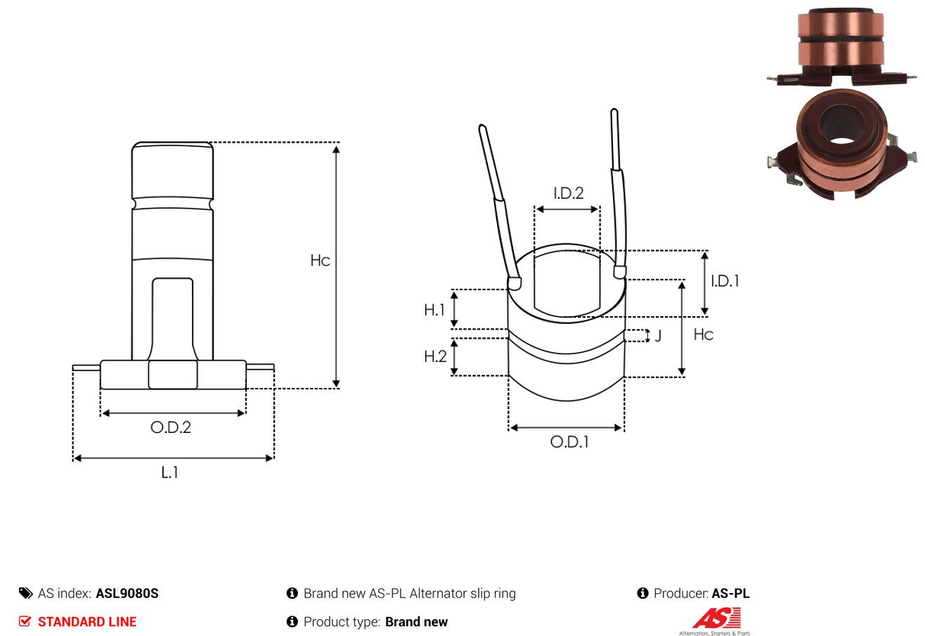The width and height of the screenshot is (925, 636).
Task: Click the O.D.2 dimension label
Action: pyautogui.click(x=171, y=427)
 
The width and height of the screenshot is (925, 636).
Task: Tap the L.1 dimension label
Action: pyautogui.click(x=169, y=472)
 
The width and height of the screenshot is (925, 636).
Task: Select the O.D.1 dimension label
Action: pyautogui.click(x=569, y=442)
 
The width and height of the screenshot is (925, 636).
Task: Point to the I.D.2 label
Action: pyautogui.click(x=569, y=193)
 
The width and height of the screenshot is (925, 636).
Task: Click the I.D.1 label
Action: pyautogui.click(x=725, y=281)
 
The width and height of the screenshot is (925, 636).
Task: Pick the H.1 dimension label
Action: pyautogui.click(x=434, y=310)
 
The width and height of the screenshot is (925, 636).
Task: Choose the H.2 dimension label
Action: pyautogui.click(x=435, y=356)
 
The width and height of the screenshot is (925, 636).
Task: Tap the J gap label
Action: pyautogui.click(x=658, y=335)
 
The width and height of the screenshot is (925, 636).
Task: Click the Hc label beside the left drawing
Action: pyautogui.click(x=320, y=260)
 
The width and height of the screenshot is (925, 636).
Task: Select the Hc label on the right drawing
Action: pyautogui.click(x=704, y=334)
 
